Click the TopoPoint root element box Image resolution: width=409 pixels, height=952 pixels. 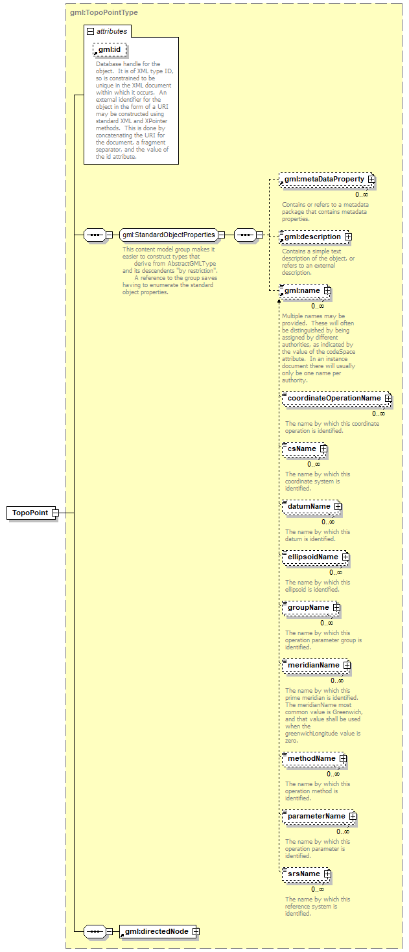pos(32,513)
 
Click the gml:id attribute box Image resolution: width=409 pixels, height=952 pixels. pos(110,50)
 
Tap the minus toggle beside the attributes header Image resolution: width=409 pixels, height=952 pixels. pos(90,32)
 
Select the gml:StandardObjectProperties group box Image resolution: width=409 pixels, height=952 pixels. pos(169,235)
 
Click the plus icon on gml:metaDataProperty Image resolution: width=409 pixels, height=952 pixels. pos(371,180)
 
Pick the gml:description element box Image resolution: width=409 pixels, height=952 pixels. pos(314,237)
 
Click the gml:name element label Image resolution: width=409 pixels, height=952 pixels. pos(302,291)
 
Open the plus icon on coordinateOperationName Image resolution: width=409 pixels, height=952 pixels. pos(389,398)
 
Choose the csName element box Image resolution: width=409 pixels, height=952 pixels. pos(305,449)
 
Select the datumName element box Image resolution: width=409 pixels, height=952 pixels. pos(312,506)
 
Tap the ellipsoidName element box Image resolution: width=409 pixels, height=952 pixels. pos(316,557)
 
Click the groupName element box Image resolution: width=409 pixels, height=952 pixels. pos(311,607)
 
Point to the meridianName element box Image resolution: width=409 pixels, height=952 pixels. pos(316,665)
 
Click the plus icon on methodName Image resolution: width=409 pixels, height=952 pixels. pos(343,759)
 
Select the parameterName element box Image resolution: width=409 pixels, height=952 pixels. pos(320,816)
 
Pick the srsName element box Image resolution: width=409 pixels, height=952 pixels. pos(307,874)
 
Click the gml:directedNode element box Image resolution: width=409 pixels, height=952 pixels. pos(159,932)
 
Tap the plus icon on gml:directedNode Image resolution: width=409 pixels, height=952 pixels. pos(196,932)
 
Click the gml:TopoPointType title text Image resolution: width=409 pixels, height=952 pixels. pos(104,12)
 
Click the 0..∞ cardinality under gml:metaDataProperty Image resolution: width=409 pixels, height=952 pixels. pos(362,194)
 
